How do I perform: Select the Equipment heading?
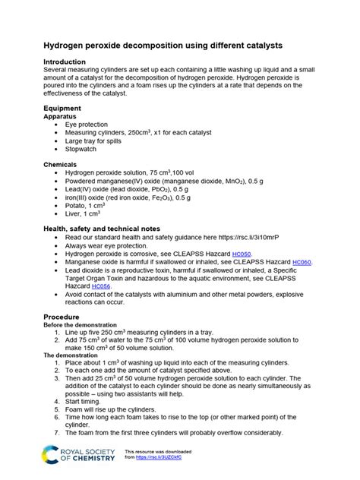click(x=67, y=109)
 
